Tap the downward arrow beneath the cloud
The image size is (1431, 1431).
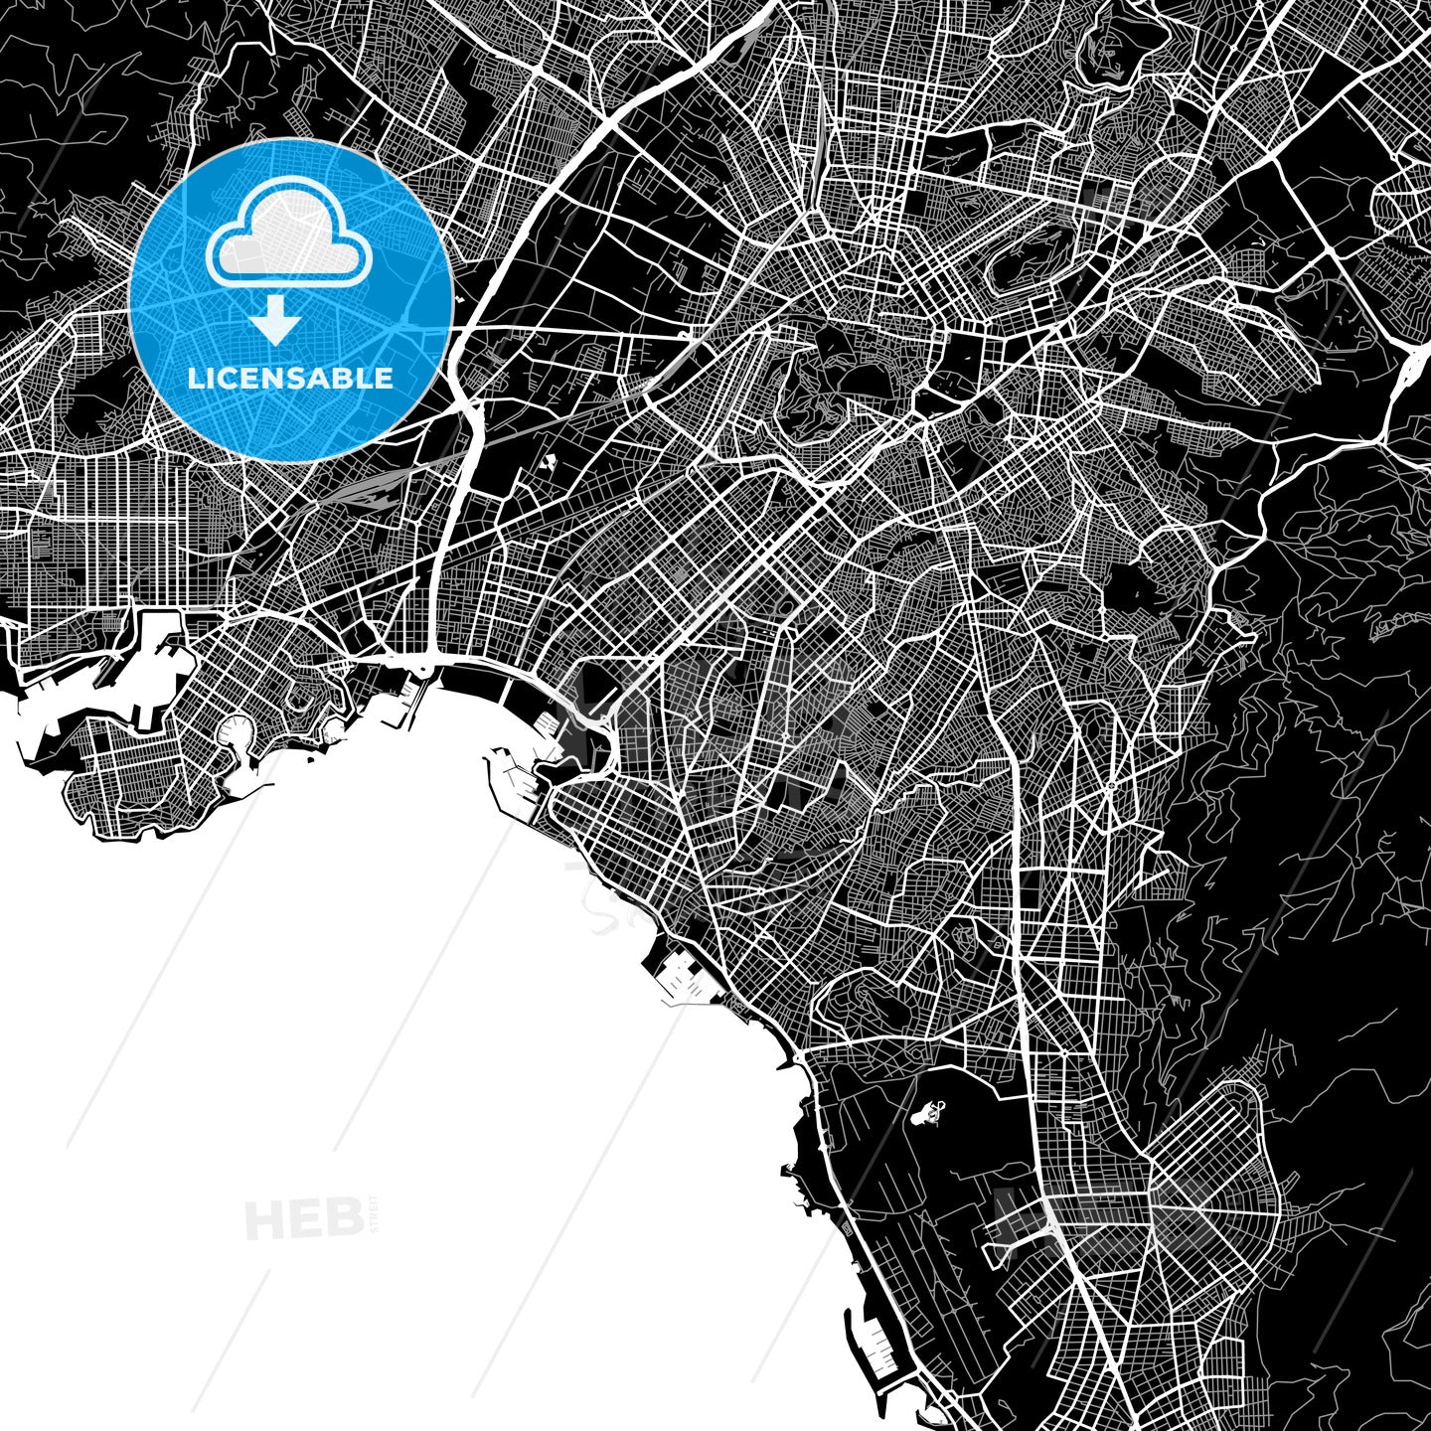pos(276,321)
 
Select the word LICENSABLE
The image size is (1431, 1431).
pos(290,379)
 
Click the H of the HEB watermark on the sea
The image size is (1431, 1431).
pos(262,1218)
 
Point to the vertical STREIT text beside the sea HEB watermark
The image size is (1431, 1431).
pos(373,1214)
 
